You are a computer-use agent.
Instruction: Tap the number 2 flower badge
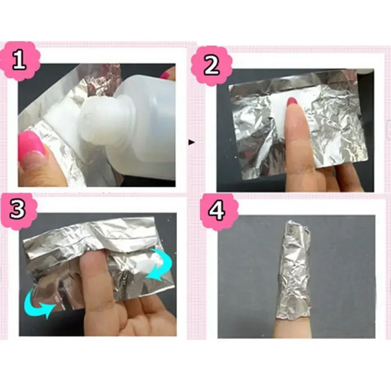[x=211, y=65]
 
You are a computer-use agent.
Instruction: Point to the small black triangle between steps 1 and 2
[x=191, y=143]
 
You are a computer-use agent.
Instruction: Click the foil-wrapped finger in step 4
[x=295, y=273]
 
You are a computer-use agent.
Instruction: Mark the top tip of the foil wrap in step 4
[x=295, y=223]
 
